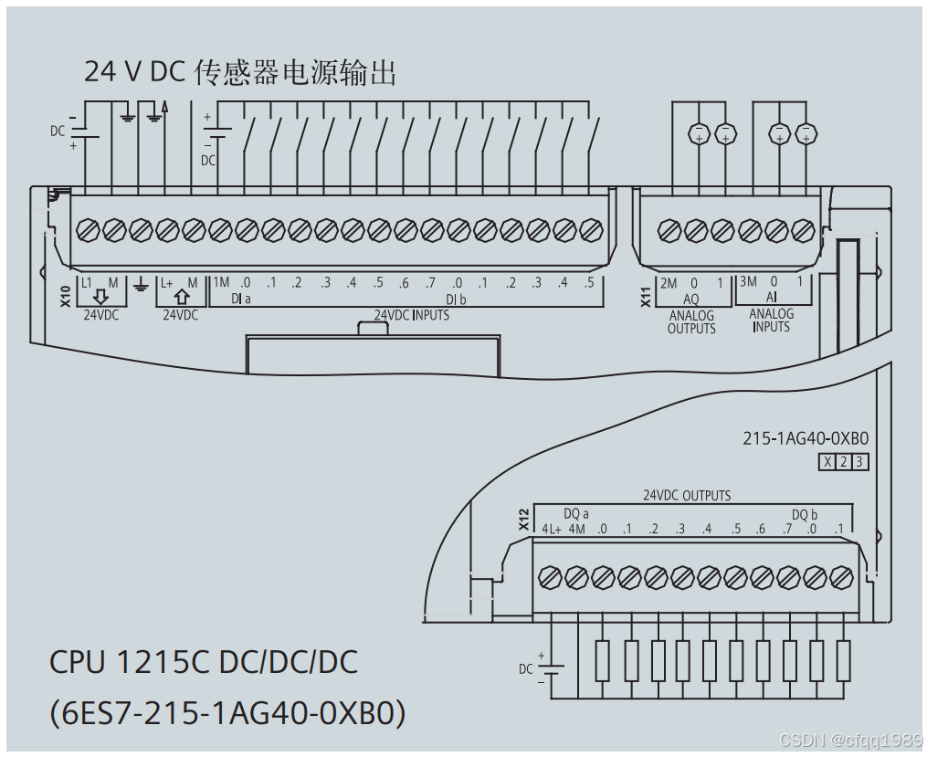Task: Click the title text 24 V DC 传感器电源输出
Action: [x=240, y=71]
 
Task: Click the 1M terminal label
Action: [x=221, y=282]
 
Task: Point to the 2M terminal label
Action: [x=669, y=282]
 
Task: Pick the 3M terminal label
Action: [x=748, y=282]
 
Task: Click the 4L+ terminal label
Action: [x=551, y=529]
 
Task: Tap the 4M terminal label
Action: [x=575, y=529]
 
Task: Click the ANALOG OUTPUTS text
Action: [x=691, y=322]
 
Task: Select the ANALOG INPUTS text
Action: [x=772, y=321]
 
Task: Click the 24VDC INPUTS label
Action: [x=411, y=315]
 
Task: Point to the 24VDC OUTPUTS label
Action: [x=687, y=496]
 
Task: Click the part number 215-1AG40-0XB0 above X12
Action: [x=805, y=438]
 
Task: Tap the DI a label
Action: [x=241, y=299]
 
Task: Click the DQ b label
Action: [x=805, y=514]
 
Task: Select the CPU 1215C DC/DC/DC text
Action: [x=203, y=662]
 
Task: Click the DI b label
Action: [x=456, y=299]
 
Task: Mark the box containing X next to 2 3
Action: [x=827, y=462]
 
